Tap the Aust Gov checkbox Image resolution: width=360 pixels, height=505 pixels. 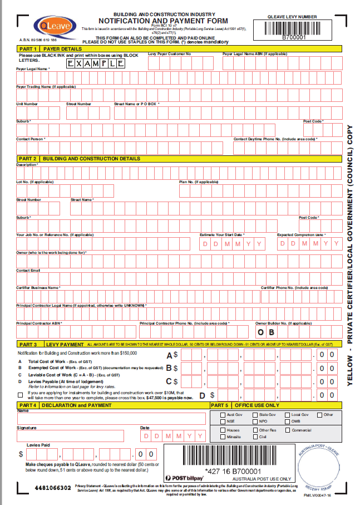(x=223, y=415)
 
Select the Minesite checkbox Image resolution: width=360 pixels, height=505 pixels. (x=223, y=437)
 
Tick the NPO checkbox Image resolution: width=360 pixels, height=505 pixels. (x=255, y=422)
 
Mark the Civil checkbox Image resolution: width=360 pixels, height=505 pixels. (x=255, y=437)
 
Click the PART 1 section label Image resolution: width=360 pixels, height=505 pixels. (x=27, y=48)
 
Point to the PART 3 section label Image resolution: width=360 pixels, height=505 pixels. (x=27, y=345)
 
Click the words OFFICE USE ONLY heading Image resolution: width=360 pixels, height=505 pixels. (x=257, y=405)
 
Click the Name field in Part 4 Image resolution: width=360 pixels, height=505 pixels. (x=111, y=419)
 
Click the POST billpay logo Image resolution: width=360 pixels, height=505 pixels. (x=185, y=478)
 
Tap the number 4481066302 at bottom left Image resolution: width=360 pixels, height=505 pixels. (x=52, y=488)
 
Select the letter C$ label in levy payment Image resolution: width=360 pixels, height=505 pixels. (x=172, y=381)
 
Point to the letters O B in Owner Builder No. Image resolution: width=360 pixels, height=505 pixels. (x=265, y=332)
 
